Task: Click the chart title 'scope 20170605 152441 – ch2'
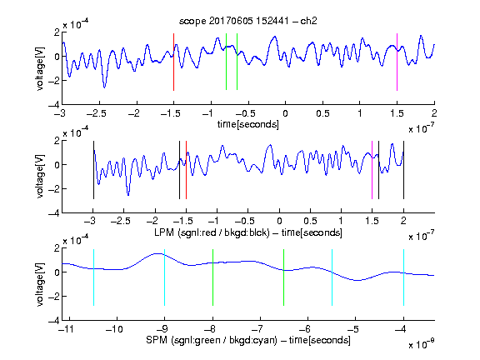pyautogui.click(x=247, y=21)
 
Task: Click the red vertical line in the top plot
pyautogui.click(x=173, y=62)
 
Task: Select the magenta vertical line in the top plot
pyautogui.click(x=397, y=62)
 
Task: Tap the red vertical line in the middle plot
pyautogui.click(x=186, y=170)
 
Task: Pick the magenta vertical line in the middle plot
pyautogui.click(x=372, y=170)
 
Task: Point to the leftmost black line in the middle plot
pyautogui.click(x=93, y=170)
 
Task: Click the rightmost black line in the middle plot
pyautogui.click(x=403, y=170)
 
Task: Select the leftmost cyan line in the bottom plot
pyautogui.click(x=93, y=277)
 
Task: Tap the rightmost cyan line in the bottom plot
pyautogui.click(x=403, y=277)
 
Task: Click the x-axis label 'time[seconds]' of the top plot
pyautogui.click(x=248, y=124)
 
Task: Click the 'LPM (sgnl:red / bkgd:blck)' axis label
pyautogui.click(x=212, y=232)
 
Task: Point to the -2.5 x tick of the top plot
pyautogui.click(x=96, y=113)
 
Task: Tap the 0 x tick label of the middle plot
pyautogui.click(x=279, y=221)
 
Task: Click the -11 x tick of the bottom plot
pyautogui.click(x=67, y=329)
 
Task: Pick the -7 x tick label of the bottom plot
pyautogui.click(x=257, y=329)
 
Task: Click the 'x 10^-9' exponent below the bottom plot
pyautogui.click(x=421, y=344)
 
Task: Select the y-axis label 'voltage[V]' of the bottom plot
pyautogui.click(x=40, y=284)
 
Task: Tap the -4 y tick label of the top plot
pyautogui.click(x=54, y=105)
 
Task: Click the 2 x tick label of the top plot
pyautogui.click(x=434, y=113)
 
